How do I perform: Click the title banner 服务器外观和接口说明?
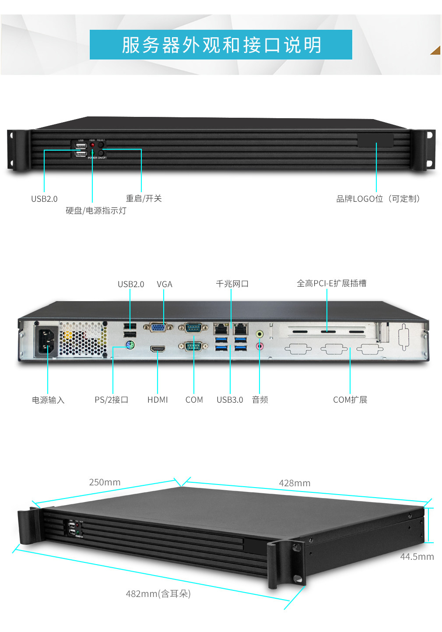(x=221, y=45)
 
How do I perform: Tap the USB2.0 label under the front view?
(x=44, y=199)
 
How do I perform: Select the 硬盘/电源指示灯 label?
(x=96, y=211)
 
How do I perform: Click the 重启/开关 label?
(x=144, y=198)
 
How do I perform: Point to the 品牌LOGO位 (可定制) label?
(x=378, y=199)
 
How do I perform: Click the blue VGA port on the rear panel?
(x=158, y=327)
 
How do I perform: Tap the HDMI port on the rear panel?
(x=158, y=349)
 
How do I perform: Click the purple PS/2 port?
(x=130, y=345)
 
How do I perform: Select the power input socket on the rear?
(x=47, y=341)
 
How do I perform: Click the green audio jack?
(x=260, y=334)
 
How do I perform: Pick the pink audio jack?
(x=260, y=346)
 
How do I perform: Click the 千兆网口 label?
(x=232, y=284)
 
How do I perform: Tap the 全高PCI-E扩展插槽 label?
(x=331, y=283)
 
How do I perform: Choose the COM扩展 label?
(x=350, y=400)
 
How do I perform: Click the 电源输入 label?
(x=48, y=400)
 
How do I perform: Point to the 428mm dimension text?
(x=295, y=483)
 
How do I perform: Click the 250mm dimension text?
(x=105, y=482)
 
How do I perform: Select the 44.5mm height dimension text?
(x=417, y=557)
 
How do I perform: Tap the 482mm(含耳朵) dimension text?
(x=158, y=594)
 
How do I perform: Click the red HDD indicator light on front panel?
(x=92, y=144)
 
